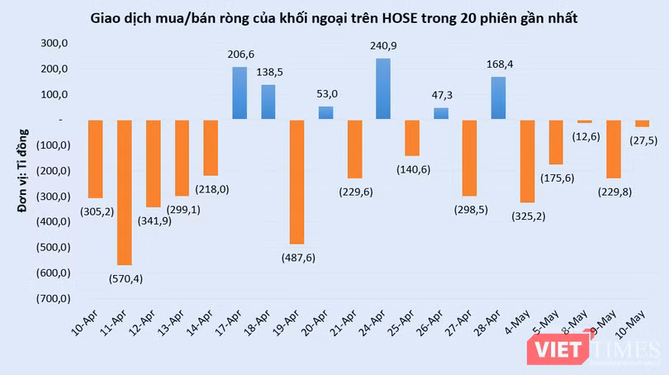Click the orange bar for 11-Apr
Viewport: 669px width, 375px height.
click(125, 192)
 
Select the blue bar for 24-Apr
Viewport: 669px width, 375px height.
click(383, 88)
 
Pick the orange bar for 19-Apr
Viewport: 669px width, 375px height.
click(297, 182)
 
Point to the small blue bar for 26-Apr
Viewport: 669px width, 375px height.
click(441, 113)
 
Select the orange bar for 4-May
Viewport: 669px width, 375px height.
click(527, 161)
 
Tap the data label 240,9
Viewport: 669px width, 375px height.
click(383, 46)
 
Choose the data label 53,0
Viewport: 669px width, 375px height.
click(325, 94)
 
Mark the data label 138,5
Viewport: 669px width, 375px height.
click(268, 73)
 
